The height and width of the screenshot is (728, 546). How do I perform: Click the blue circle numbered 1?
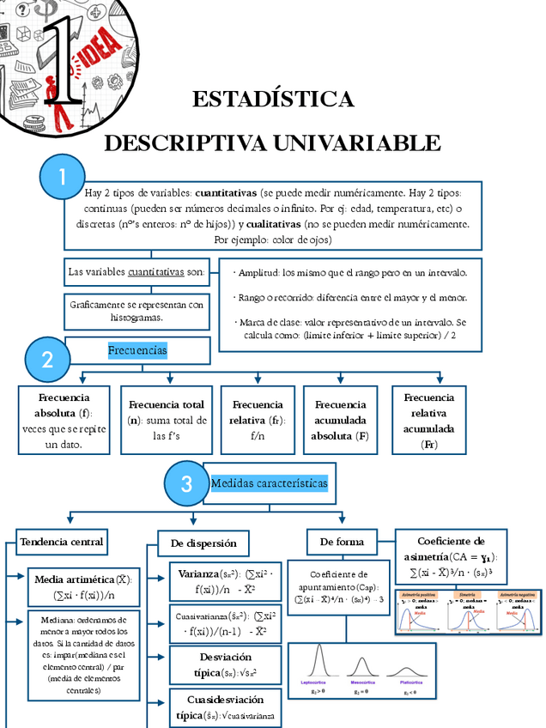(x=62, y=178)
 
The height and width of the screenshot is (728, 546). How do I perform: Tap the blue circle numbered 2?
(x=47, y=360)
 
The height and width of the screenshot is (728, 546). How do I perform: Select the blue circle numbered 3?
(x=185, y=484)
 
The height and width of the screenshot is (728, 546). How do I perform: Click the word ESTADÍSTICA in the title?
(x=273, y=100)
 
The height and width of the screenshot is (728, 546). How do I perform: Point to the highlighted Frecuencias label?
(x=137, y=350)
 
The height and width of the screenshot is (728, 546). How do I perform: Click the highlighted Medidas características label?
(x=269, y=483)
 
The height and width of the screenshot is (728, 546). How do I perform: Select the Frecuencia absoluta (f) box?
(x=64, y=420)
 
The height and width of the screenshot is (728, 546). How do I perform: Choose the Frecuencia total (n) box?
(x=166, y=420)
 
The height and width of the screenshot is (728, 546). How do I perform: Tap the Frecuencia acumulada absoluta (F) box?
(x=340, y=420)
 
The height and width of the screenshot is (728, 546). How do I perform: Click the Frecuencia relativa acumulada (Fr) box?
(x=429, y=420)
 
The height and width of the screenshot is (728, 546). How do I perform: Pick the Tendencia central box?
(x=62, y=542)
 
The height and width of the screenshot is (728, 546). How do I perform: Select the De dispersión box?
(x=203, y=543)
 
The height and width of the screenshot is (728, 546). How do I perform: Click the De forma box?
(x=342, y=542)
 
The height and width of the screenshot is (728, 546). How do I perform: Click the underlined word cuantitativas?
(x=155, y=272)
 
